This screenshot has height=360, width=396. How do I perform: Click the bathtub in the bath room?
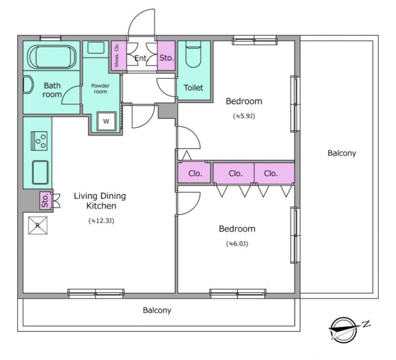tap(52, 57)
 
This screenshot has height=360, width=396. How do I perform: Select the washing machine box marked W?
tap(106, 121)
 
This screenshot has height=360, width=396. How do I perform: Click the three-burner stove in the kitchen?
tap(40, 141)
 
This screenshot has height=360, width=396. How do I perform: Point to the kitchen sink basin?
tap(41, 172)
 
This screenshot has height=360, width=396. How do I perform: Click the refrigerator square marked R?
tap(38, 225)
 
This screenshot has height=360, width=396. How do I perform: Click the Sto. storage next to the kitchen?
tap(45, 201)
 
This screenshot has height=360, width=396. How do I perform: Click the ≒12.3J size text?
tap(101, 221)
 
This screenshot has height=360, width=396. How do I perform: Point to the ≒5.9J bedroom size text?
tap(244, 116)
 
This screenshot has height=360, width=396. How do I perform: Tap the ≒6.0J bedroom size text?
tap(237, 244)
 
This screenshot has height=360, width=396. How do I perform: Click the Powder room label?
tap(100, 89)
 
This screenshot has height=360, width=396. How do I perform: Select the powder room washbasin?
tap(96, 48)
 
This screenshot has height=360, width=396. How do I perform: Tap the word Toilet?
tap(194, 88)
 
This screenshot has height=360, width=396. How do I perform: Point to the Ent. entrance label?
tap(141, 58)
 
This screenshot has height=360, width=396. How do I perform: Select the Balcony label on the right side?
tap(342, 153)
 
